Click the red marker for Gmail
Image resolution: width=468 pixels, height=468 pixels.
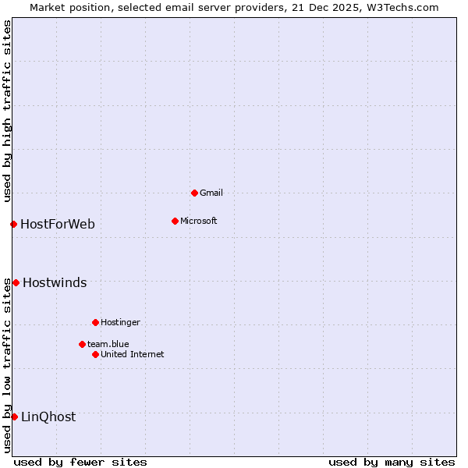point(194,193)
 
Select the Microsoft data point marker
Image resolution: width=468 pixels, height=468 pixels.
point(175,221)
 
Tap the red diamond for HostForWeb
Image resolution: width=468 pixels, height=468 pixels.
point(13,224)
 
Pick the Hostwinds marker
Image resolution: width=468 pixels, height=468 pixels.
point(16,282)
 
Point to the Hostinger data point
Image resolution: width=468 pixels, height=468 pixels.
point(95,322)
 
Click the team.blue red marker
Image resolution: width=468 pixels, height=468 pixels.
point(82,344)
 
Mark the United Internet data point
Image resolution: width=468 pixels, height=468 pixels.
point(95,354)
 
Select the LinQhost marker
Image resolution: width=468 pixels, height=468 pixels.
point(14,417)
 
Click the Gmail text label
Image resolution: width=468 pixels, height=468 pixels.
point(211,193)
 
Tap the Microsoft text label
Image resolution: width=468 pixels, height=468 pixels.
point(199,221)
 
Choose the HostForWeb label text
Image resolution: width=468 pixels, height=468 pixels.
point(58,225)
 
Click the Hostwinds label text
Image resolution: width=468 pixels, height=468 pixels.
point(55,283)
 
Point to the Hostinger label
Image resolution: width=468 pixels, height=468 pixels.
point(120,322)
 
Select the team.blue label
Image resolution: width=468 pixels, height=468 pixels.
point(108,344)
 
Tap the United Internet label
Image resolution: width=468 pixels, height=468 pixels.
point(133,354)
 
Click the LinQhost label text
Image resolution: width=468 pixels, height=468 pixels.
point(48,417)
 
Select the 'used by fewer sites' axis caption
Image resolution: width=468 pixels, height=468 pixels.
point(80,462)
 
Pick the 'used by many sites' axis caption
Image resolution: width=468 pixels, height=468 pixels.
point(392,462)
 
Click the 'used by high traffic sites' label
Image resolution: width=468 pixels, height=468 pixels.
point(7,111)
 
